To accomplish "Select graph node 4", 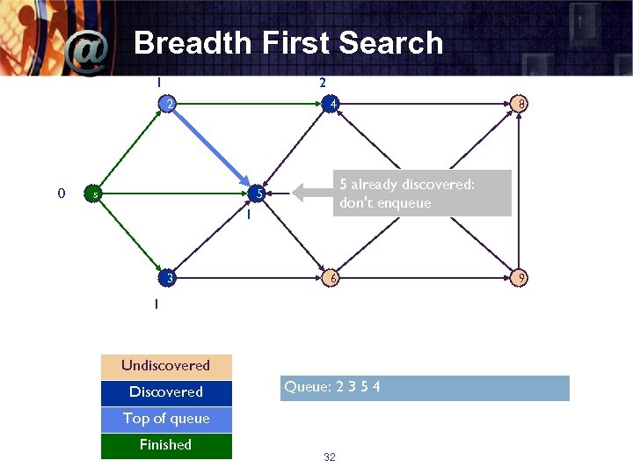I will (331, 105).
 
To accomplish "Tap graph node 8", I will (521, 105).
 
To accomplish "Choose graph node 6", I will (331, 278).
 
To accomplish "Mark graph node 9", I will (521, 278).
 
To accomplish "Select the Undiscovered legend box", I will (166, 366).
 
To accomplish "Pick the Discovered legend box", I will (166, 392).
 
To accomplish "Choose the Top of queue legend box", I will (166, 419).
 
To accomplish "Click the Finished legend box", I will (166, 445).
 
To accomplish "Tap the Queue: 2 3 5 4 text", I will (332, 387).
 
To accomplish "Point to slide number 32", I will (330, 457).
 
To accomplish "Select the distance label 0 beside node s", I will (60, 193).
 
